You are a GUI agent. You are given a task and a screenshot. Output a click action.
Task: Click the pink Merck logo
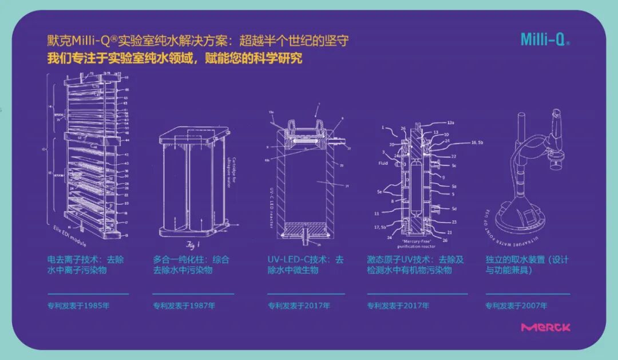pos(545,327)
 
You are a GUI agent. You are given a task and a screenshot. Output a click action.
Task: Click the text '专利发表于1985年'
pos(78,306)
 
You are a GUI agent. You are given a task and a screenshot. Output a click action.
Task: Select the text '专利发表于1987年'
pos(184,306)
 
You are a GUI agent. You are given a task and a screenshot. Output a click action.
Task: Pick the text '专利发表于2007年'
pos(516,306)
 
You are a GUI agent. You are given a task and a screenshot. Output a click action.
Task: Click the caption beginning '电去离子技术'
pos(86,264)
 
